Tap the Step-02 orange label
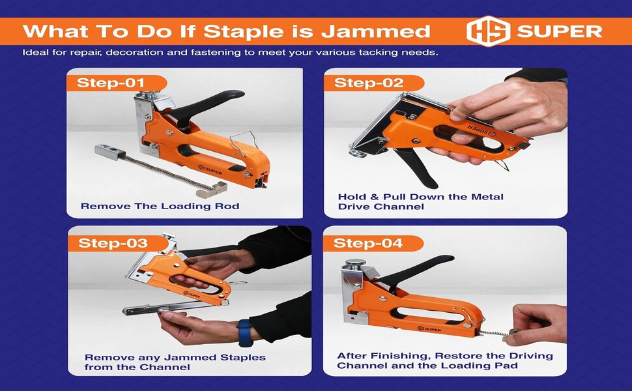pyautogui.click(x=369, y=83)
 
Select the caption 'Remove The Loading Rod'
pyautogui.click(x=160, y=206)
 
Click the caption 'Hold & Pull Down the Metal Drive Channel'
pyautogui.click(x=420, y=201)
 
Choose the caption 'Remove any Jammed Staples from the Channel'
pyautogui.click(x=175, y=362)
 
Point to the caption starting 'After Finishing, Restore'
pyautogui.click(x=444, y=360)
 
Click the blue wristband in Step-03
pyautogui.click(x=244, y=332)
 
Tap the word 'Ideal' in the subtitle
pyautogui.click(x=35, y=53)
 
